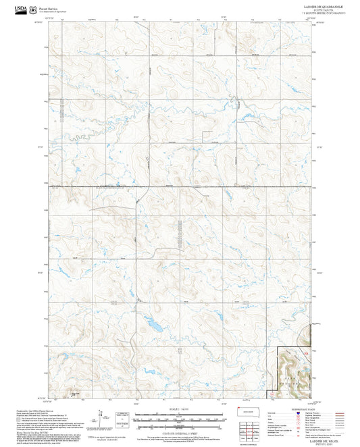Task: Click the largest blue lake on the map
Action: pos(155,325)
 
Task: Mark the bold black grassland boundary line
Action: pos(278,368)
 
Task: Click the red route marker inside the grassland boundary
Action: pos(305,352)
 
